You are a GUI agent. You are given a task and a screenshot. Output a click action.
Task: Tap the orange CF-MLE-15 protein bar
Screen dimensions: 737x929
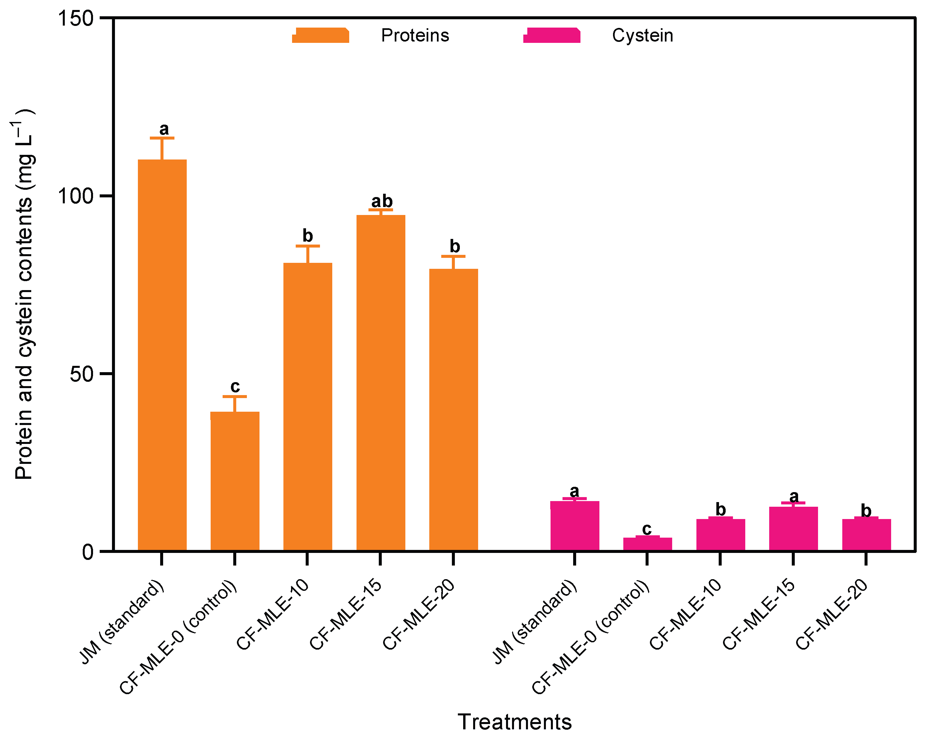click(x=380, y=382)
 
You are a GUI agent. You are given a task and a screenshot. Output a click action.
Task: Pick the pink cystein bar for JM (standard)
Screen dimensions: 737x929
click(x=574, y=525)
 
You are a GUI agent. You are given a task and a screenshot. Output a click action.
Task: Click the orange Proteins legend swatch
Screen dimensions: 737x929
click(x=320, y=35)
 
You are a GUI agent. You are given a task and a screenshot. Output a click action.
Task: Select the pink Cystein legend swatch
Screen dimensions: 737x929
click(x=552, y=35)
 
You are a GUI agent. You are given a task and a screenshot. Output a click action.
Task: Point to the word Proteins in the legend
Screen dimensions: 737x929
click(x=415, y=35)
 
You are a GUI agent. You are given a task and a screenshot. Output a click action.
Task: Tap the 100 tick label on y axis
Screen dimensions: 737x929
click(x=76, y=196)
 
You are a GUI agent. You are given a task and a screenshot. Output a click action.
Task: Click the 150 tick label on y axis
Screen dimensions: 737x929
click(x=76, y=19)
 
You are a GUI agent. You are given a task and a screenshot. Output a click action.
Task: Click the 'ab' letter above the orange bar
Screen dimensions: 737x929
click(x=382, y=201)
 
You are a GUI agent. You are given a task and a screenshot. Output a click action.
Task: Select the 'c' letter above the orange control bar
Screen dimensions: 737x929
click(x=235, y=386)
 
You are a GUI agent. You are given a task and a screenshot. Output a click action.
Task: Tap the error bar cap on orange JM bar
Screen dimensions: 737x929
click(x=162, y=138)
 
